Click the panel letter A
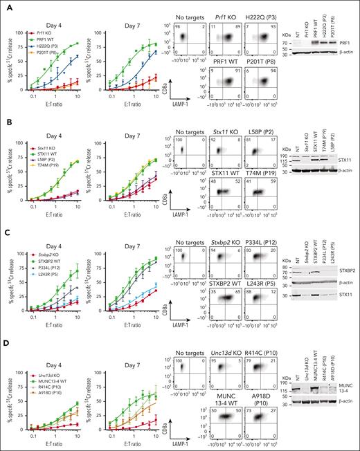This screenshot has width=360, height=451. (x=5, y=5)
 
